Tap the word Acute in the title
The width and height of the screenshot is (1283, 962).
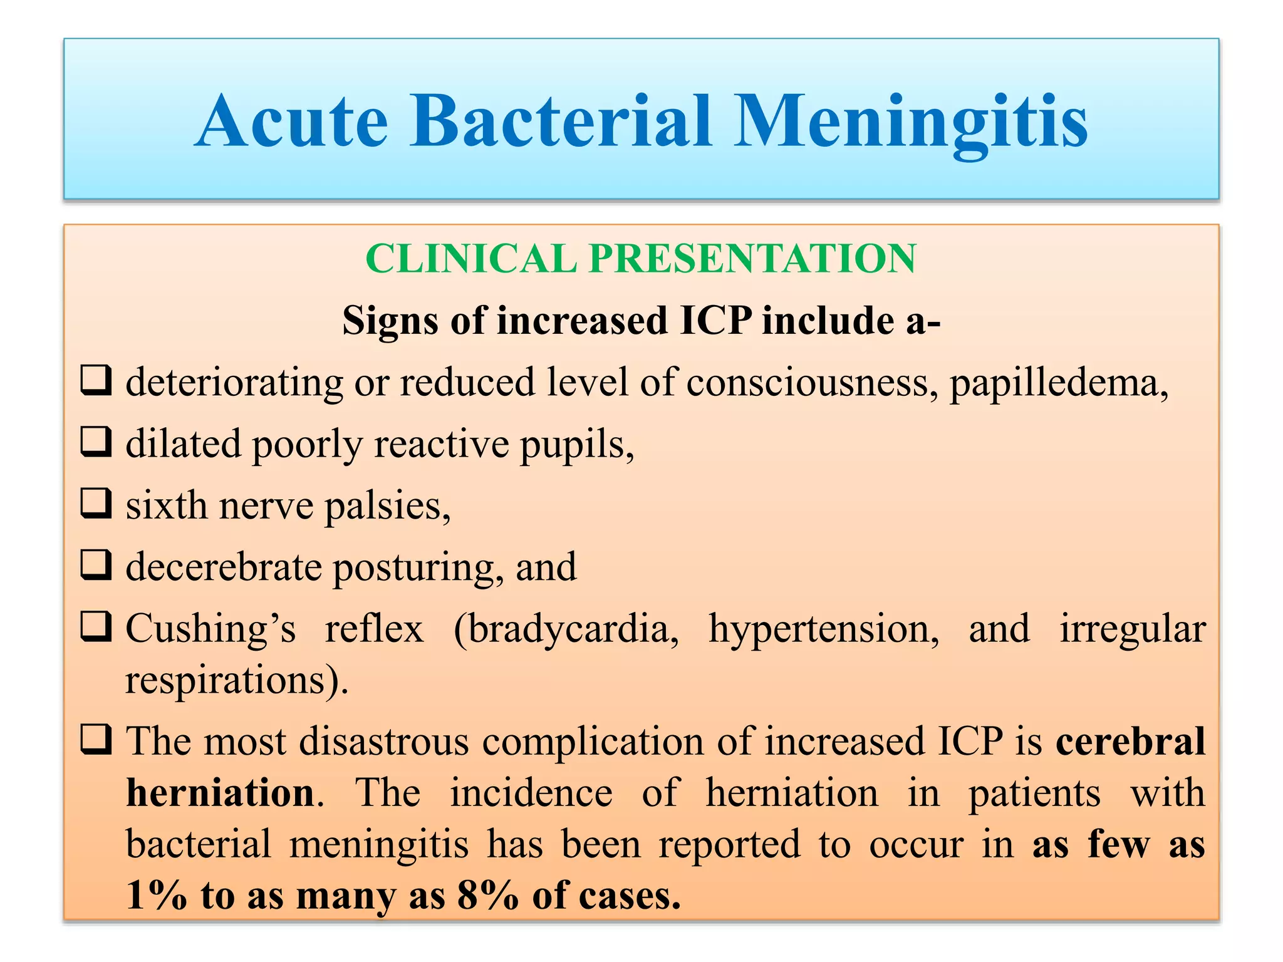(291, 122)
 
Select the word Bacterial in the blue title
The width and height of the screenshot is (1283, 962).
(561, 122)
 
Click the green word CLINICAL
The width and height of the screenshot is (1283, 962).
(470, 259)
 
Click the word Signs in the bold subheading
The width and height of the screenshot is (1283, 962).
(390, 321)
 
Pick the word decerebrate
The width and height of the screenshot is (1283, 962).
(223, 567)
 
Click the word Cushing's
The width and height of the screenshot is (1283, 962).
(210, 628)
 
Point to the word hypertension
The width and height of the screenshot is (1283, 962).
(823, 629)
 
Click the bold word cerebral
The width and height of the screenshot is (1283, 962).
(1130, 741)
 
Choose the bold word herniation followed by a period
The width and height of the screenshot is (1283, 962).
(221, 793)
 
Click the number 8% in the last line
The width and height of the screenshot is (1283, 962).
(487, 896)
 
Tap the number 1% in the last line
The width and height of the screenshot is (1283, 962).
(156, 896)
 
